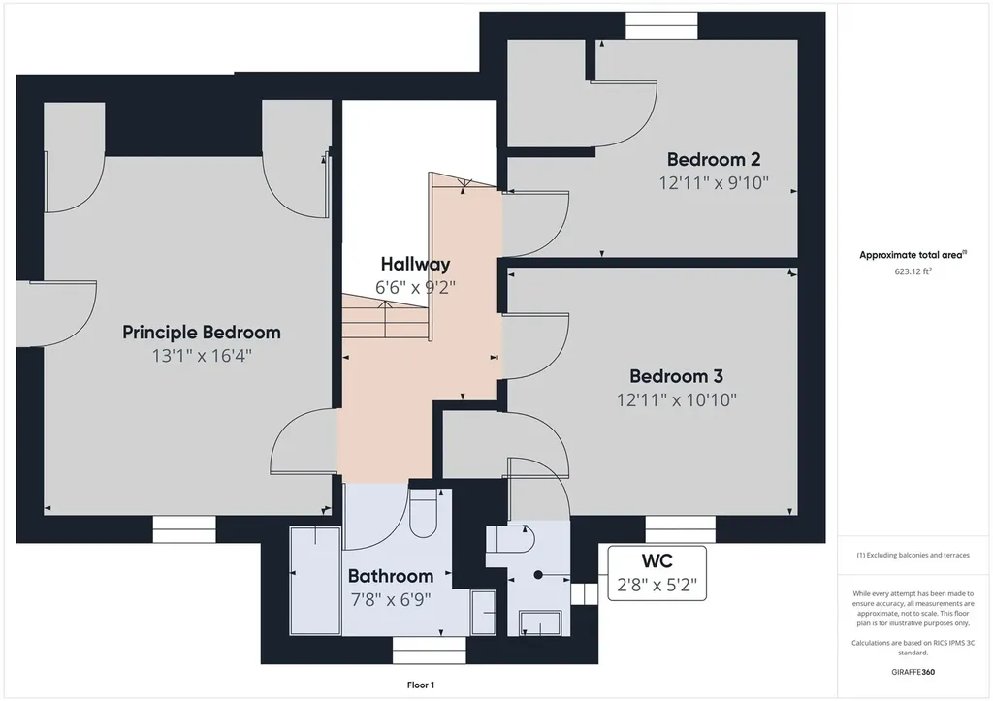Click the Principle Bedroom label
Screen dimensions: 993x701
tap(202, 333)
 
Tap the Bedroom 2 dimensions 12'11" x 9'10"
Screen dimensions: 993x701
tap(714, 183)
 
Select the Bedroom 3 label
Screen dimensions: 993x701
tap(676, 376)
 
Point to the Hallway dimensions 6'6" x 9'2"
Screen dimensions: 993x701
tap(415, 288)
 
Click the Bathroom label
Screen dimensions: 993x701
tap(391, 576)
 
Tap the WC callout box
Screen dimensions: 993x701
tap(657, 573)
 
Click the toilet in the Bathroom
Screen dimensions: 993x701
tap(424, 513)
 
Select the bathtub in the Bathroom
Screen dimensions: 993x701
tap(316, 582)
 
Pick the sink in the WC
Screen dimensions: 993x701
tap(540, 623)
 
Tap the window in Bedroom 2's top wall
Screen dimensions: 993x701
tap(661, 25)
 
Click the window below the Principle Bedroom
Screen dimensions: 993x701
tap(184, 528)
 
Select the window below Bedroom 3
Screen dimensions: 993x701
tap(680, 528)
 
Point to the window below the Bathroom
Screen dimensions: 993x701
tap(429, 651)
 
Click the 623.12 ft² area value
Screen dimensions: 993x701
tap(913, 271)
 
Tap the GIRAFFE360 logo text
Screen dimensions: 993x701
tap(913, 672)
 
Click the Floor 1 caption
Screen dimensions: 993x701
tap(421, 685)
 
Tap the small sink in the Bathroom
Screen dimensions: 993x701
tap(483, 613)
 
